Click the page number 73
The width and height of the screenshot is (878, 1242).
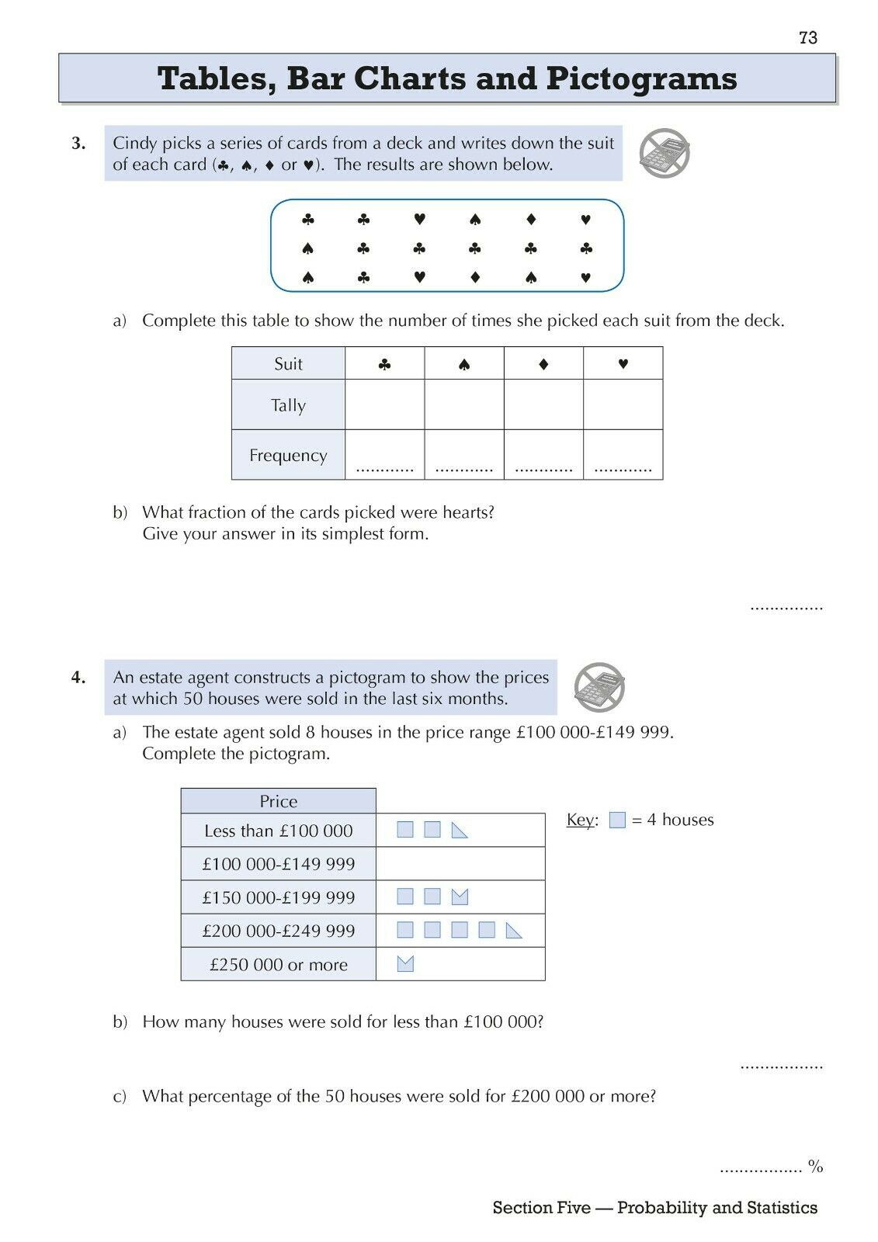807,37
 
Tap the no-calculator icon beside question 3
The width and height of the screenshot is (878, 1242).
664,154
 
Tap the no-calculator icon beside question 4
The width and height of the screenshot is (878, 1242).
599,688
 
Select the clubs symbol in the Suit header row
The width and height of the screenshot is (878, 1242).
384,364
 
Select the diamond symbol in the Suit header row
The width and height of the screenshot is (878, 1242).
543,364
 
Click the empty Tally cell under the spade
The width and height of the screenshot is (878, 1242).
463,404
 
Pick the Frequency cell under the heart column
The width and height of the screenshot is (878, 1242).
623,455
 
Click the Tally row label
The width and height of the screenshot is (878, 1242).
288,405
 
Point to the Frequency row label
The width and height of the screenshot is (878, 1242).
288,456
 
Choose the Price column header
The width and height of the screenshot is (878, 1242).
278,801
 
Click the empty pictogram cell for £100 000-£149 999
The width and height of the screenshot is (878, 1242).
460,863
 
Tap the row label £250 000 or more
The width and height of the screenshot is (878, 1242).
278,964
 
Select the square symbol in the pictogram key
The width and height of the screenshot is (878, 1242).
617,820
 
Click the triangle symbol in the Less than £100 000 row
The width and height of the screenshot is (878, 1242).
460,831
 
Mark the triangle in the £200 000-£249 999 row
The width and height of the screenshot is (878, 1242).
514,930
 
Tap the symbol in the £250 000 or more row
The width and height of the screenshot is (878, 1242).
405,963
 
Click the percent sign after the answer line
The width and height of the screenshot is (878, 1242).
815,1166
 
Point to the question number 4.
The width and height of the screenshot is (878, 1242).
78,678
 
